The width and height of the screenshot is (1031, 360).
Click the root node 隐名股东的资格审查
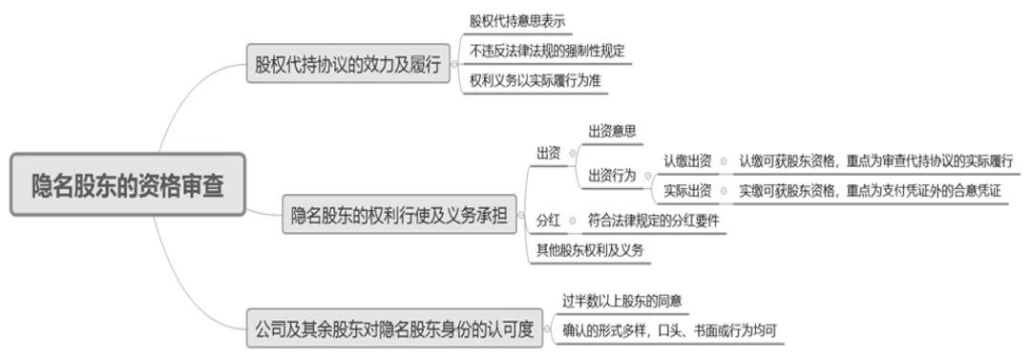click(x=128, y=184)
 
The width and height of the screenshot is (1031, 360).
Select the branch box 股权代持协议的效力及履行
click(x=347, y=66)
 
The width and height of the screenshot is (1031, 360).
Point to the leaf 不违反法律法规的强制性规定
click(x=548, y=51)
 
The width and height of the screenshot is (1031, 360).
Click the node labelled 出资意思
click(x=612, y=131)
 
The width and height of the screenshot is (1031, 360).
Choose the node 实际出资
click(x=687, y=191)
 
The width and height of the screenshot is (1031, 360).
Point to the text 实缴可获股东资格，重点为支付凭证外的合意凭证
click(x=870, y=191)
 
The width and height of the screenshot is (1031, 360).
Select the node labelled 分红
click(x=548, y=221)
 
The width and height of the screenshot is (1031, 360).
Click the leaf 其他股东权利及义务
click(x=590, y=250)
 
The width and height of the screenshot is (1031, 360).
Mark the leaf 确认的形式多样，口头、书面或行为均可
click(x=669, y=330)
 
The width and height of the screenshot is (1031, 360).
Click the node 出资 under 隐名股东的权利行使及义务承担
click(x=548, y=153)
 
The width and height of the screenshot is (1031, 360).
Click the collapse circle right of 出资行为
click(x=647, y=176)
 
